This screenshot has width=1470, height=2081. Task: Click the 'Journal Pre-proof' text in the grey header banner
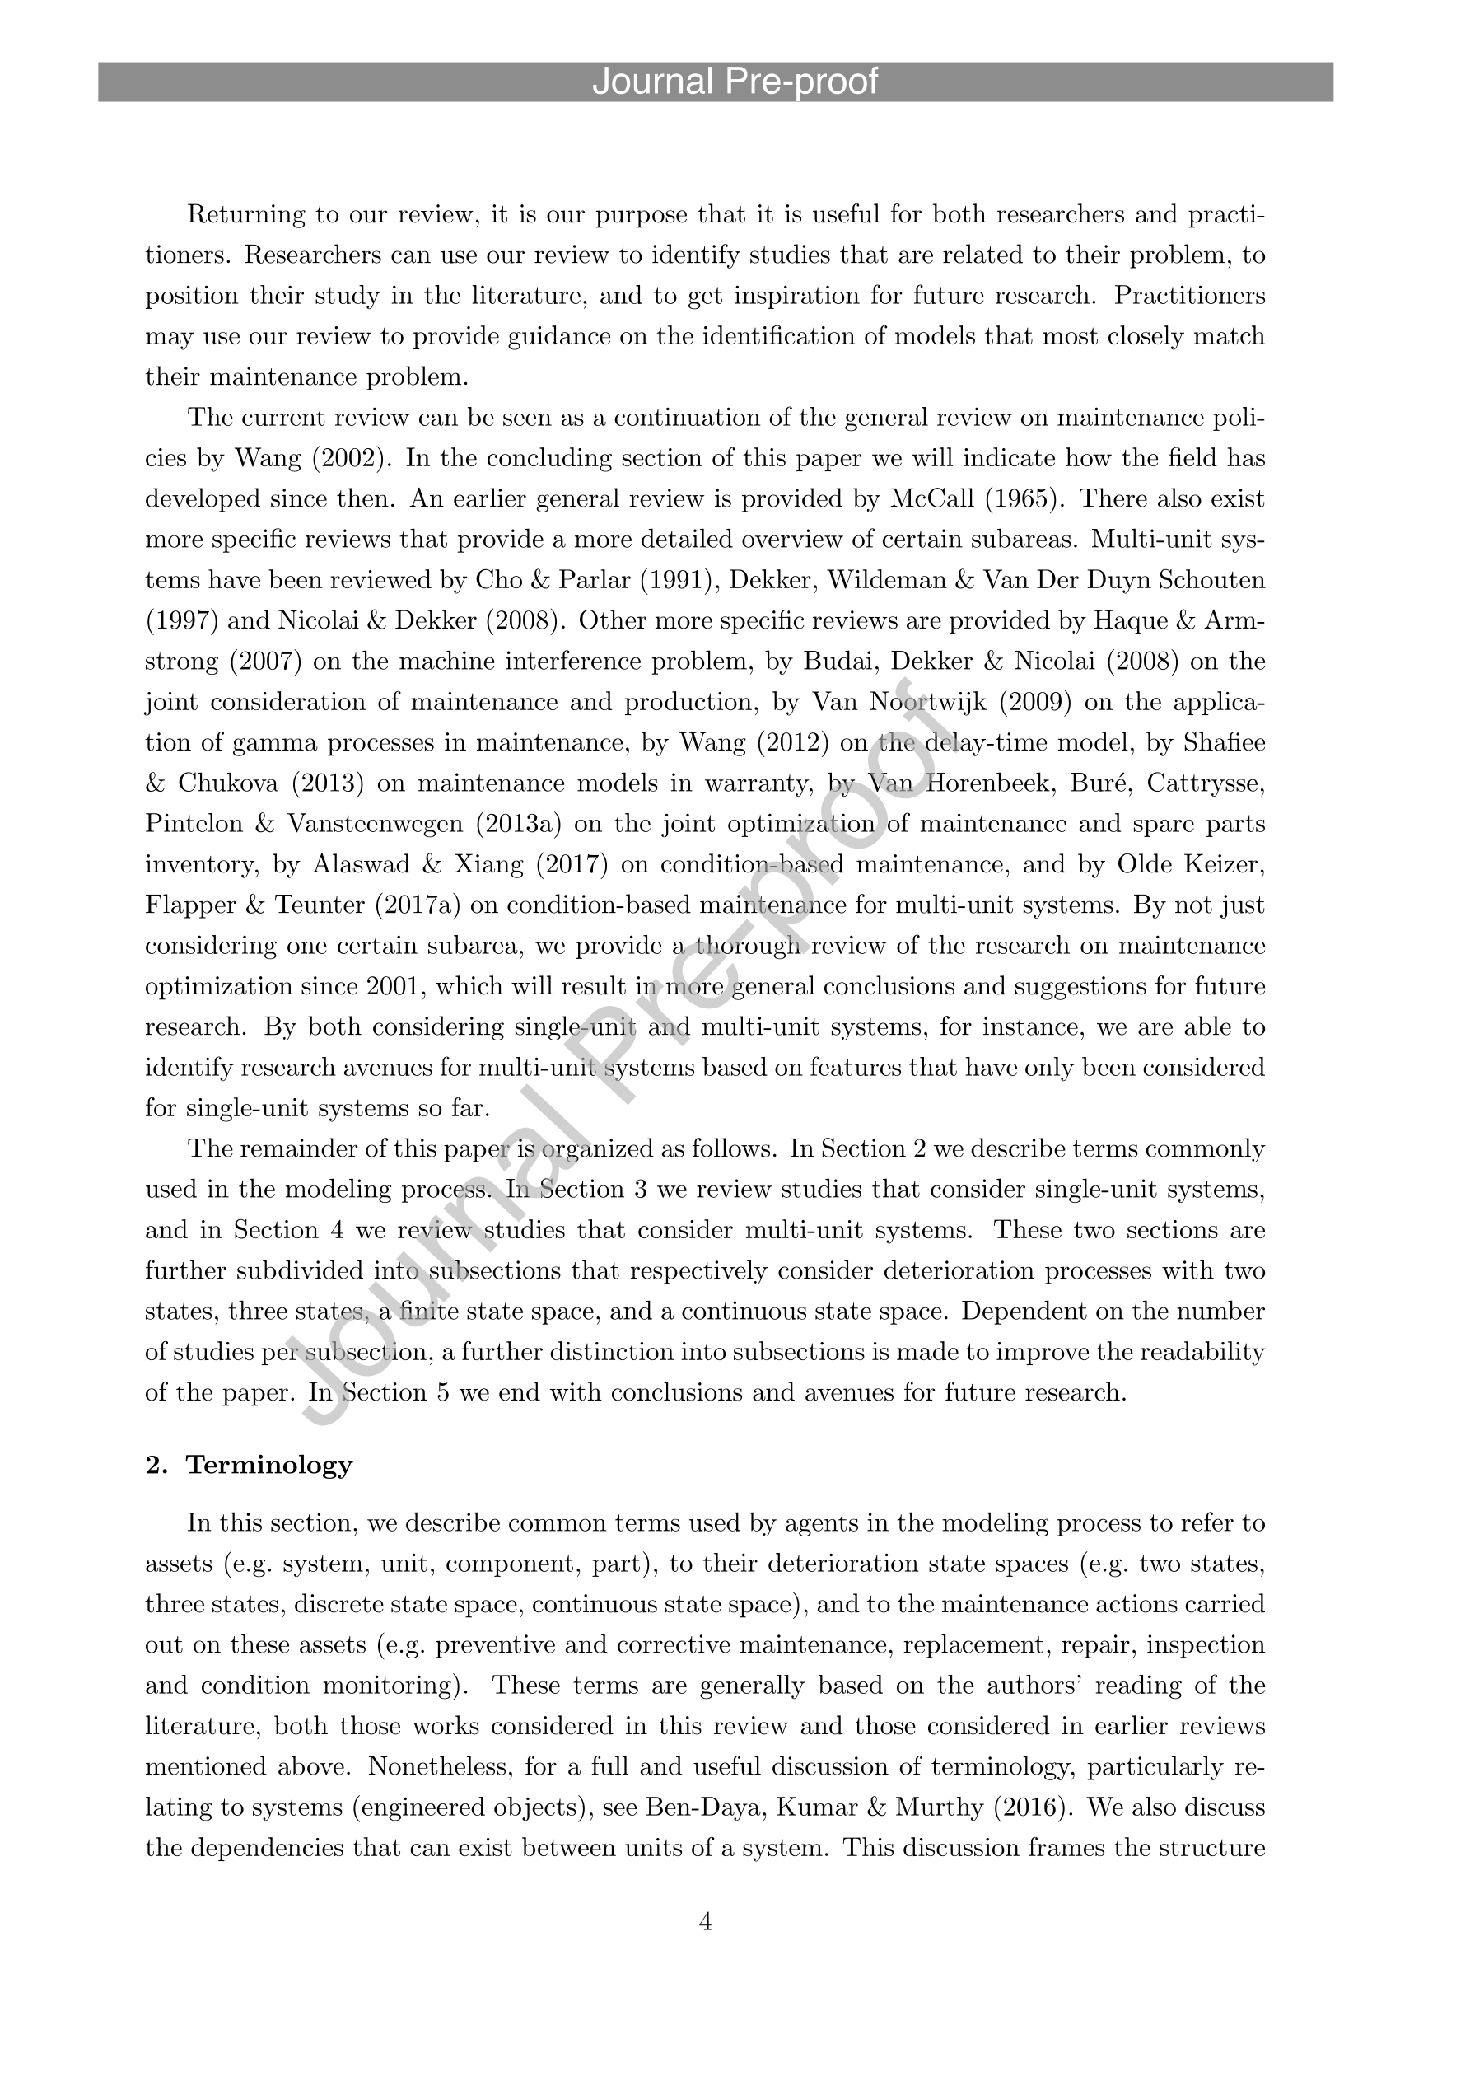(734, 82)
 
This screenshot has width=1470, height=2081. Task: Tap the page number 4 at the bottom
(706, 1921)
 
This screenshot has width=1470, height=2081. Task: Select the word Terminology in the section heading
(269, 1466)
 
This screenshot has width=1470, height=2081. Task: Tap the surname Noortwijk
(925, 703)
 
